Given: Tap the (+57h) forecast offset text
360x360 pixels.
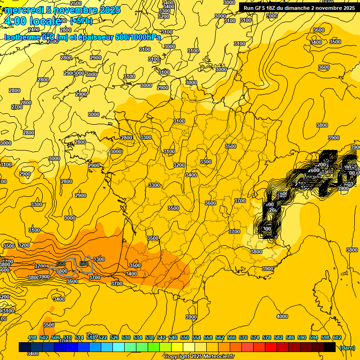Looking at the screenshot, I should (x=81, y=22).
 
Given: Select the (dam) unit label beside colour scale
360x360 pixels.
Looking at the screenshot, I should (x=346, y=347).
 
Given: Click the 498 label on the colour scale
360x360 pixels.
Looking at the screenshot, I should (x=32, y=337).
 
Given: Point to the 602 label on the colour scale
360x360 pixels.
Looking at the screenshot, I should (x=337, y=337).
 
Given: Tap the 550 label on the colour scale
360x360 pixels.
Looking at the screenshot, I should (x=185, y=337).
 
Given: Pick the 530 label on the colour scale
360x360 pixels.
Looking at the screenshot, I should (x=126, y=337).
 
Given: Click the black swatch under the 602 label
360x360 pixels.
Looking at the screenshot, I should (x=330, y=347).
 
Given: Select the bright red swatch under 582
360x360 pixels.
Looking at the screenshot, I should (x=271, y=347).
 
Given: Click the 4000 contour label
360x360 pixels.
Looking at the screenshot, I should (x=282, y=316).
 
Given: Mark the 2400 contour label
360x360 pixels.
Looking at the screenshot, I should (x=34, y=30).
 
